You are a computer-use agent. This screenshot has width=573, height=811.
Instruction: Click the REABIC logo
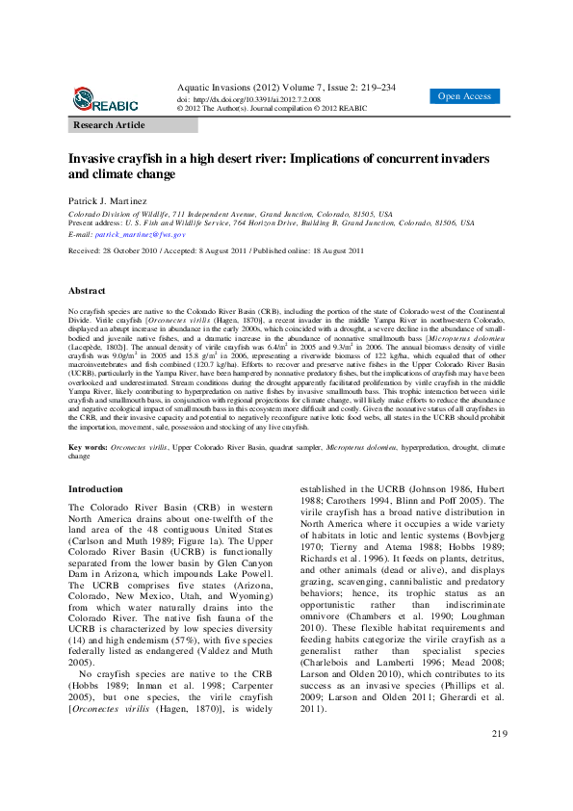(x=105, y=98)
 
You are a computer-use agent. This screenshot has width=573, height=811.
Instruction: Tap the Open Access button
(x=464, y=96)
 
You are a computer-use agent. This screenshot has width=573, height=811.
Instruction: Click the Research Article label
(x=110, y=125)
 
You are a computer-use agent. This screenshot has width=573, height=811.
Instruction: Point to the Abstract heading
(x=87, y=290)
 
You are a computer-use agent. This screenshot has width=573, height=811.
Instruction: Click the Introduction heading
(x=95, y=489)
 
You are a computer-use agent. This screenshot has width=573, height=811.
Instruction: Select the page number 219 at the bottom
(x=499, y=761)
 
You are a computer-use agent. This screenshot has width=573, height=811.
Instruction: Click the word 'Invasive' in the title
(x=94, y=158)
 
